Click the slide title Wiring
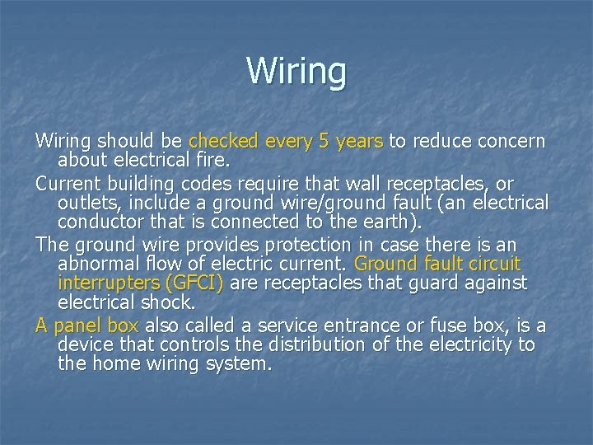pos(296,71)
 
